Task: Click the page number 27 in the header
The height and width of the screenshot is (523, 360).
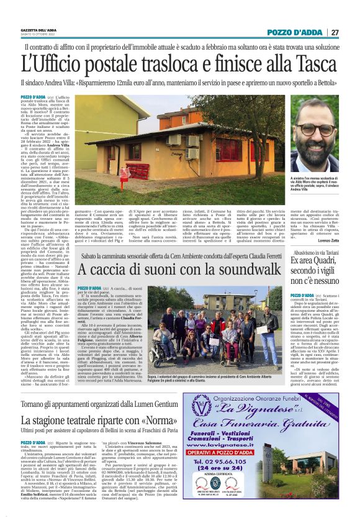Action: point(335,32)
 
